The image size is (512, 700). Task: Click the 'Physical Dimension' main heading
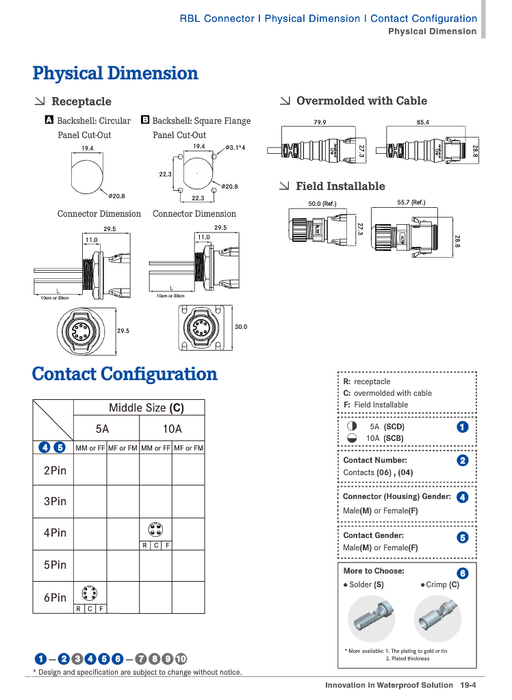click(x=115, y=73)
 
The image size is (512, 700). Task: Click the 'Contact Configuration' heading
click(x=125, y=374)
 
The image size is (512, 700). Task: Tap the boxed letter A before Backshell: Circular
click(x=49, y=120)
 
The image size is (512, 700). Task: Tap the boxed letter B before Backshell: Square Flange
click(x=145, y=120)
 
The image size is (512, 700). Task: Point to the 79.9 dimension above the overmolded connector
click(x=320, y=122)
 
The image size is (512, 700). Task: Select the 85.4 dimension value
click(x=422, y=122)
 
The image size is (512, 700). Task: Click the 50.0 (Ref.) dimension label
click(x=322, y=203)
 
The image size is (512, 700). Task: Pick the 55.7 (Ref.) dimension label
click(x=411, y=202)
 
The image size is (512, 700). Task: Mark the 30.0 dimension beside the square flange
click(x=241, y=327)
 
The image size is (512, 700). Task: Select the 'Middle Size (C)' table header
click(x=146, y=408)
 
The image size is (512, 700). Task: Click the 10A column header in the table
click(x=172, y=429)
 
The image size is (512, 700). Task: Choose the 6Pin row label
click(x=55, y=597)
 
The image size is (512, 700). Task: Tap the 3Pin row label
click(x=55, y=501)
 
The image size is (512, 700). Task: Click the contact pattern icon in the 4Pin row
click(x=155, y=530)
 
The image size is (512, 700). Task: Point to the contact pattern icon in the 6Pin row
click(x=89, y=593)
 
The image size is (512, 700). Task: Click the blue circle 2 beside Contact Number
click(x=462, y=461)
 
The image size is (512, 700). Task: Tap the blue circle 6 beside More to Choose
click(x=462, y=573)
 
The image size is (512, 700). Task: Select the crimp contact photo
click(x=437, y=617)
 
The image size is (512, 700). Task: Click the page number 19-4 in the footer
click(x=468, y=685)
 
